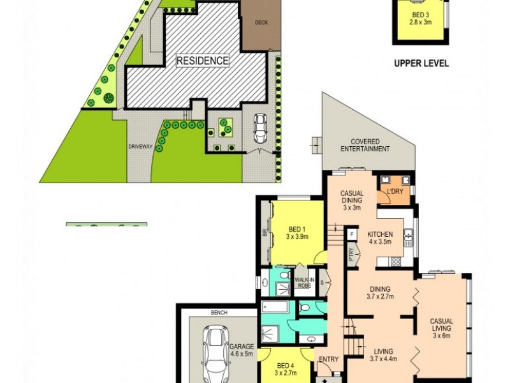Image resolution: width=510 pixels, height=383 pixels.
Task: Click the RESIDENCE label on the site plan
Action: click(202, 61)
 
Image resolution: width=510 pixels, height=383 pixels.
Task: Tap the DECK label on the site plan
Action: click(261, 22)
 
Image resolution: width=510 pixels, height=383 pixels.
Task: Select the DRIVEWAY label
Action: click(140, 147)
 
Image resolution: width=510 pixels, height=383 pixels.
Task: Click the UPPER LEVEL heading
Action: click(421, 63)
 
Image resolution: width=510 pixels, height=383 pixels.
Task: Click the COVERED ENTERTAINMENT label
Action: click(364, 145)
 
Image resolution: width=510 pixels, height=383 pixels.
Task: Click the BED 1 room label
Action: click(297, 232)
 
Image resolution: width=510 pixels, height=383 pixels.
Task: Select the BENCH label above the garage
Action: click(220, 313)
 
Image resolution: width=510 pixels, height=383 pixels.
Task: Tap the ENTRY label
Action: click(329, 359)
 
